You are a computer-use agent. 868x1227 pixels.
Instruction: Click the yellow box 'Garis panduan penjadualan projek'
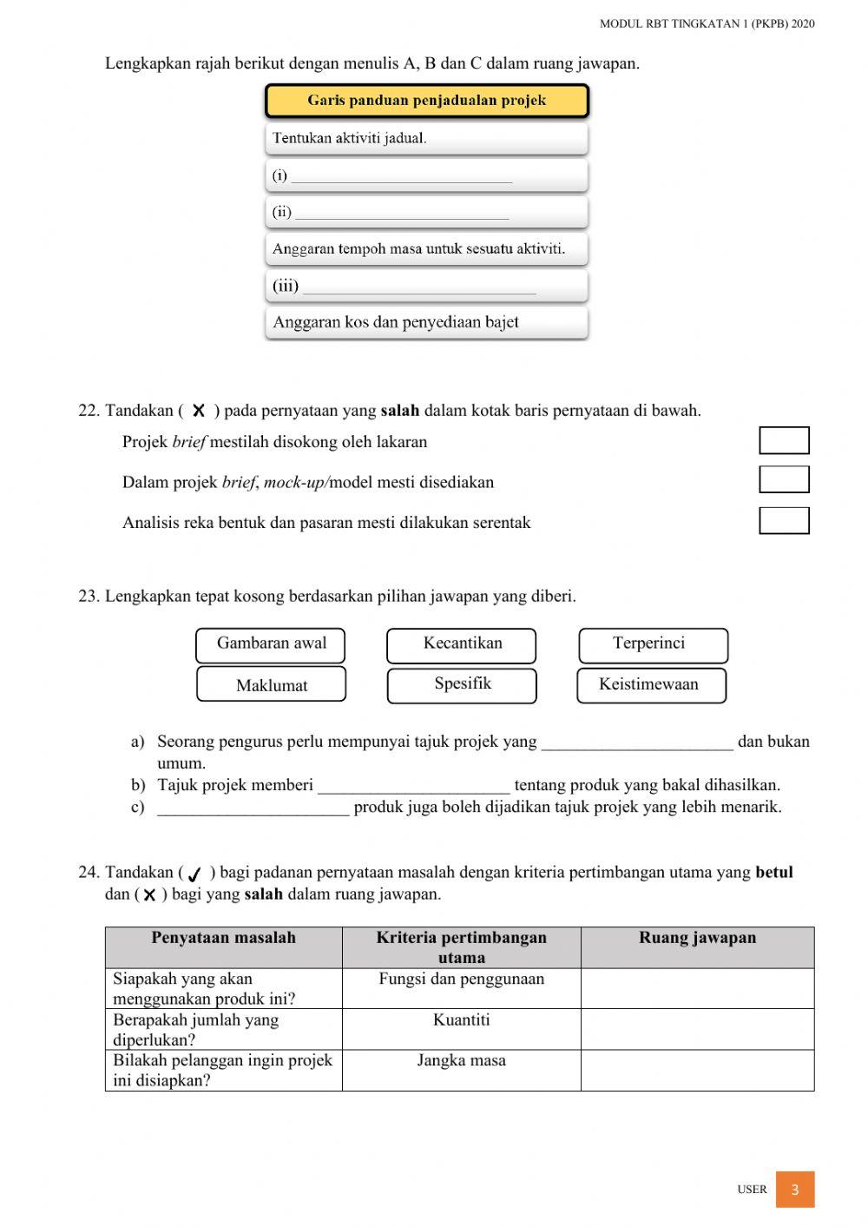point(426,101)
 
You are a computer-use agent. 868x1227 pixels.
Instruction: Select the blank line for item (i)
point(401,176)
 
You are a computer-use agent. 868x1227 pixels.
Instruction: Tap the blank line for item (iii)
point(418,287)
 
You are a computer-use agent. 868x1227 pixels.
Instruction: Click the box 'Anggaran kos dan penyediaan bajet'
point(426,322)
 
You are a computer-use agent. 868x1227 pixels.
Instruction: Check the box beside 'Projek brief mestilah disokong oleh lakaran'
point(784,440)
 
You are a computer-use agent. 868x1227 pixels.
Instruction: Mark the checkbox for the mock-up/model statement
point(784,479)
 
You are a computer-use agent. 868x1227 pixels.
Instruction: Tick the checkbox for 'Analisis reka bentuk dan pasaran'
point(784,520)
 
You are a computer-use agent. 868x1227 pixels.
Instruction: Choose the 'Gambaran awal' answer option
point(271,644)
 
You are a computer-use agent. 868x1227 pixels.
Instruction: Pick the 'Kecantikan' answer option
point(462,644)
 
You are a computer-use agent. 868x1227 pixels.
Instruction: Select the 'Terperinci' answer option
point(653,644)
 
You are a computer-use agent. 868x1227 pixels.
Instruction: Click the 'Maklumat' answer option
point(271,684)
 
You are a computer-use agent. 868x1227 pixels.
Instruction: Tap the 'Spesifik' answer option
point(462,684)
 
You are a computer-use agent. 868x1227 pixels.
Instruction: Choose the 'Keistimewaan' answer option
point(651,684)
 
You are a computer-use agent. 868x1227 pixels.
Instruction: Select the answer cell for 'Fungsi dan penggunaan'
point(697,988)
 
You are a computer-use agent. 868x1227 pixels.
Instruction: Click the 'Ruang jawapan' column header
point(697,938)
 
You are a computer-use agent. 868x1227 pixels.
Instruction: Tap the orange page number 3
point(794,1190)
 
